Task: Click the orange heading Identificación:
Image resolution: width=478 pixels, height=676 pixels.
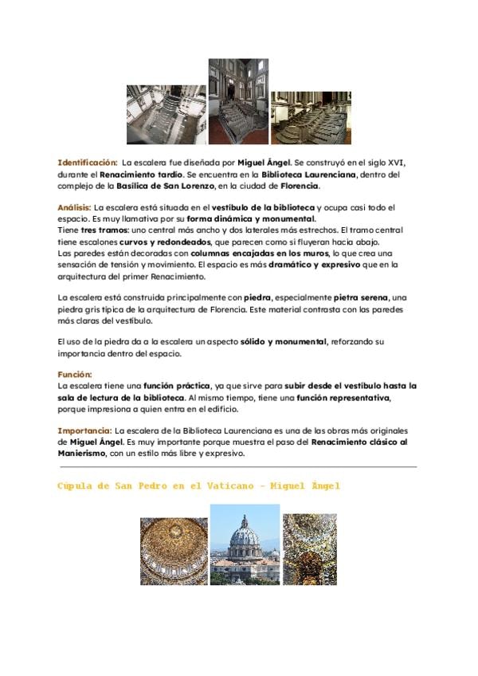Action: pos(88,163)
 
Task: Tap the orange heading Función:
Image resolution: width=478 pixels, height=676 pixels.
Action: pos(75,374)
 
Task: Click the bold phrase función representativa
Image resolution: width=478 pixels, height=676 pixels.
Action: pos(343,397)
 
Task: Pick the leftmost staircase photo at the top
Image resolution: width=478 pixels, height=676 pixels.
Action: pos(167,114)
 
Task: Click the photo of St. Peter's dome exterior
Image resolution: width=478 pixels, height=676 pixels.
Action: pos(245,544)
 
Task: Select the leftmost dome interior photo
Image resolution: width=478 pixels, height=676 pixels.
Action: pos(174,551)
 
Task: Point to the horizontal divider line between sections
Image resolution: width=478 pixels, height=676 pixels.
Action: pos(237,467)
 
